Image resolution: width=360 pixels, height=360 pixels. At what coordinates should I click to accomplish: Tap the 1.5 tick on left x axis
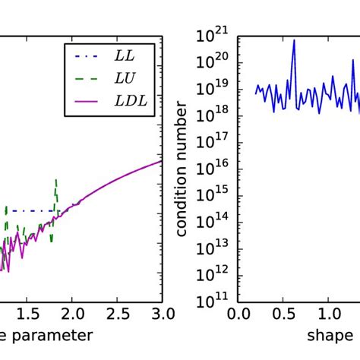point(27,314)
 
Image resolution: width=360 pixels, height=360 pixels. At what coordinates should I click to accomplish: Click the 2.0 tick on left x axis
point(72,314)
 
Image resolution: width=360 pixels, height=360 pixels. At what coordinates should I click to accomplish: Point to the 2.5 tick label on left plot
point(117,314)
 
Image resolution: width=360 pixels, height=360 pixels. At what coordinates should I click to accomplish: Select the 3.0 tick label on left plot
point(161,314)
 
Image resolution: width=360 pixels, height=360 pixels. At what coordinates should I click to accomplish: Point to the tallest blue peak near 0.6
point(294,41)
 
